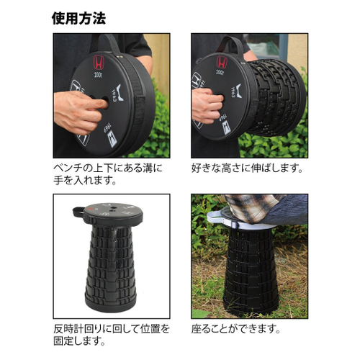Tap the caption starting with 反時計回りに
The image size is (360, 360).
(x=111, y=335)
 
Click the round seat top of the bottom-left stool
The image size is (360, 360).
(x=108, y=212)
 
